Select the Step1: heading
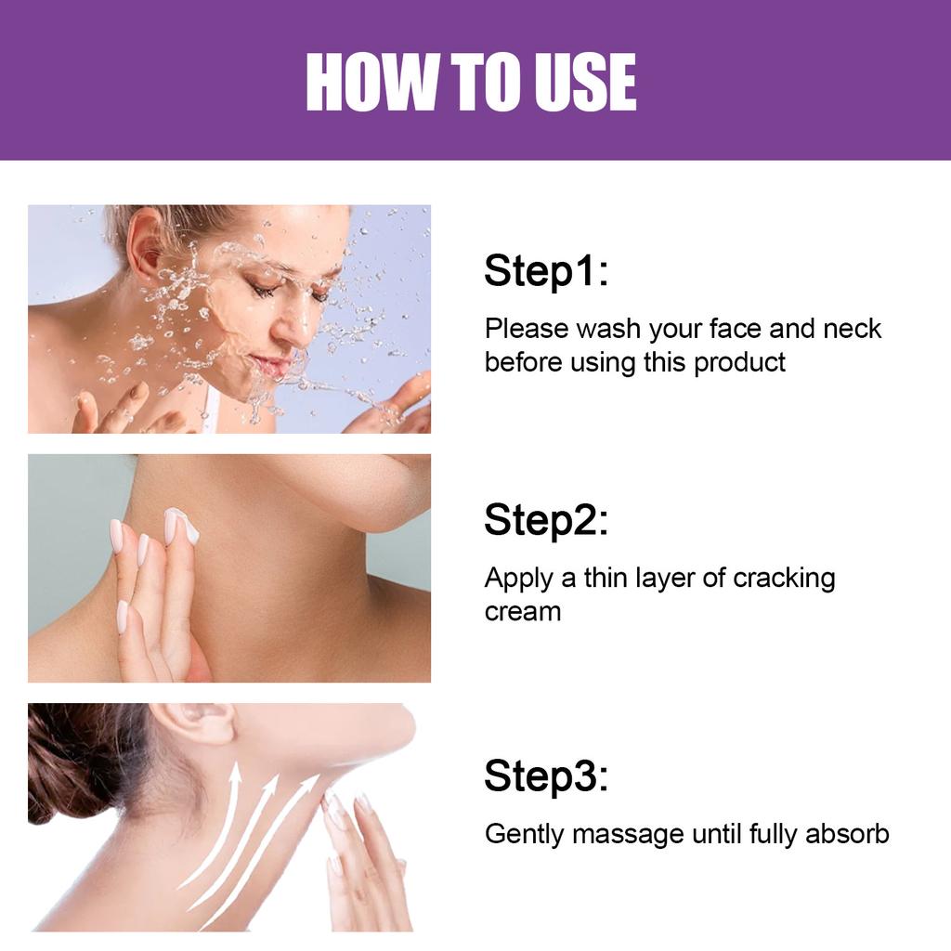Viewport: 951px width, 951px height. (x=546, y=272)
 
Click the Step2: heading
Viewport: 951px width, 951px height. (x=546, y=521)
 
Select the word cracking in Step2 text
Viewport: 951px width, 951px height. (x=784, y=578)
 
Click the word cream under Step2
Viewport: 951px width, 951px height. (x=523, y=612)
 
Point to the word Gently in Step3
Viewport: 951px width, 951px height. (x=525, y=834)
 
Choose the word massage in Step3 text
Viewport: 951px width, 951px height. (x=629, y=834)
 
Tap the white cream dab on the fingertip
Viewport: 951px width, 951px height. (x=184, y=526)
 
